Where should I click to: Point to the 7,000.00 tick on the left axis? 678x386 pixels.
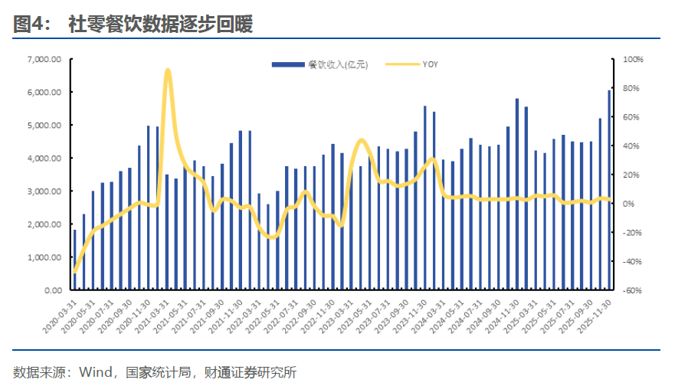pyautogui.click(x=44, y=59)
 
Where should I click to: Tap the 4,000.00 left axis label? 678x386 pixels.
pyautogui.click(x=44, y=159)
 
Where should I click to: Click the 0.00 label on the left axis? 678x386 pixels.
pyautogui.click(x=52, y=291)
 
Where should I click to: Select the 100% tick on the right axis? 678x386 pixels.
pyautogui.click(x=634, y=59)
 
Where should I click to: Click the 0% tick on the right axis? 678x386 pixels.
pyautogui.click(x=629, y=204)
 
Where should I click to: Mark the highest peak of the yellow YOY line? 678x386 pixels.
pyautogui.click(x=168, y=70)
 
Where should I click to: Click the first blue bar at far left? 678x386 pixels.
pyautogui.click(x=74, y=260)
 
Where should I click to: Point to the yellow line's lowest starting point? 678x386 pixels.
pyautogui.click(x=74, y=272)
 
